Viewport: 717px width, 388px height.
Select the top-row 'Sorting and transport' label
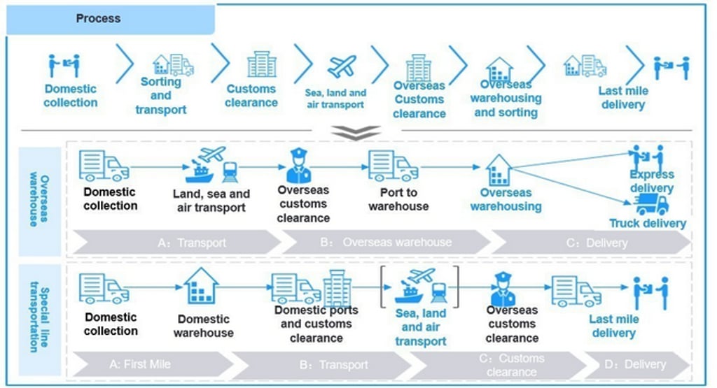(x=161, y=96)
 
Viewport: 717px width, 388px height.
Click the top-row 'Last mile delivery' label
(x=622, y=98)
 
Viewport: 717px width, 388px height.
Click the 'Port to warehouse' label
(x=398, y=199)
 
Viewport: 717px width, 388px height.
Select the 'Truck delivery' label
(x=648, y=224)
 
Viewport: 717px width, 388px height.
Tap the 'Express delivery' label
(x=651, y=181)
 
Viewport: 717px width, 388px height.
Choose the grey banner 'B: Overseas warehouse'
(x=387, y=243)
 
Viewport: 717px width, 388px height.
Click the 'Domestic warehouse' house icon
(x=201, y=285)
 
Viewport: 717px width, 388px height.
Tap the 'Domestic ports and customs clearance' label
(x=316, y=324)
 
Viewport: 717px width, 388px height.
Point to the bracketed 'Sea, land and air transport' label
(x=420, y=327)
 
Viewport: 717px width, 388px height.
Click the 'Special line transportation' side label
(x=39, y=318)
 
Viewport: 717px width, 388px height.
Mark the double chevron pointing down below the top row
(x=357, y=132)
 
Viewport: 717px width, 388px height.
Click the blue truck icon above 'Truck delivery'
(x=651, y=205)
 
